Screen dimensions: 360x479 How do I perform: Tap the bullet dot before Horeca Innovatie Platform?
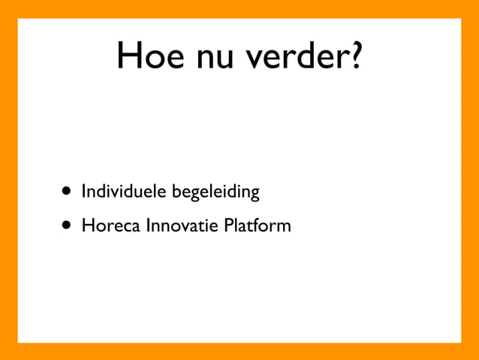(x=68, y=225)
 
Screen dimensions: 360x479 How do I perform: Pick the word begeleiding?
(x=216, y=193)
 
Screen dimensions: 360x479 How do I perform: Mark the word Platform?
(x=258, y=225)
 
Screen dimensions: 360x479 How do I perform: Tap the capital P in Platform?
(x=229, y=225)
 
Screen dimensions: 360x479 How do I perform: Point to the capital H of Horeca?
(x=86, y=225)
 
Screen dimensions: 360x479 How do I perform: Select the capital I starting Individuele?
(x=84, y=192)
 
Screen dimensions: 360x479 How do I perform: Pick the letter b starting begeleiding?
(x=177, y=192)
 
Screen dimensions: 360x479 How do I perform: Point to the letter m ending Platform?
(x=283, y=226)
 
